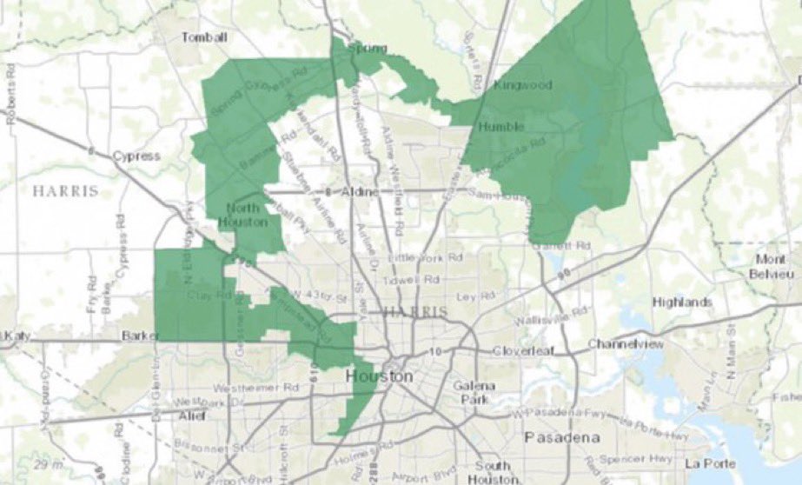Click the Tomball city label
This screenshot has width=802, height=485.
click(204, 37)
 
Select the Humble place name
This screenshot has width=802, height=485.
click(500, 127)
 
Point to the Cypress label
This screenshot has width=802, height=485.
click(136, 156)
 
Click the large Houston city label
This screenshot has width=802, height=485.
click(379, 375)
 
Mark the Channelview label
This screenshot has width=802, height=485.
click(626, 344)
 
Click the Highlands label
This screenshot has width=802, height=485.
click(684, 302)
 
